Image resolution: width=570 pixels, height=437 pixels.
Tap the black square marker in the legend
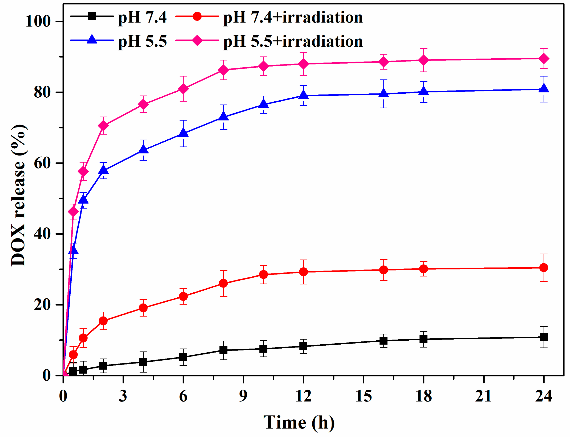pyautogui.click(x=92, y=16)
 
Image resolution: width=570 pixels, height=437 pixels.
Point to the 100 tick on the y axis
pyautogui.click(x=38, y=21)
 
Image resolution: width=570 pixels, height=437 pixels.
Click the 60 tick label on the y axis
pyautogui.click(x=42, y=163)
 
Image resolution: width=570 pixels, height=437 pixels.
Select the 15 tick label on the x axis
pyautogui.click(x=364, y=396)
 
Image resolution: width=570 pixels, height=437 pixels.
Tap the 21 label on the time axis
pyautogui.click(x=483, y=396)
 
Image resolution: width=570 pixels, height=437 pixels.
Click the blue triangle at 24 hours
pyautogui.click(x=544, y=88)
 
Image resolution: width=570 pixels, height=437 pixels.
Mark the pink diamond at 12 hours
pyautogui.click(x=303, y=64)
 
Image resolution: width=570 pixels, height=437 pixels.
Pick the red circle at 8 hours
pyautogui.click(x=223, y=283)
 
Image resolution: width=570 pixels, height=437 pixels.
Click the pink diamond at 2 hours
pyautogui.click(x=103, y=126)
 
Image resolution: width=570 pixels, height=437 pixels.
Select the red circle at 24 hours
pyautogui.click(x=544, y=268)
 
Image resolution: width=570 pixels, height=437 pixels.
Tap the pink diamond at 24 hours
pyautogui.click(x=544, y=59)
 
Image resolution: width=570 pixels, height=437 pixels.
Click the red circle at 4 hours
pyautogui.click(x=143, y=308)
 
